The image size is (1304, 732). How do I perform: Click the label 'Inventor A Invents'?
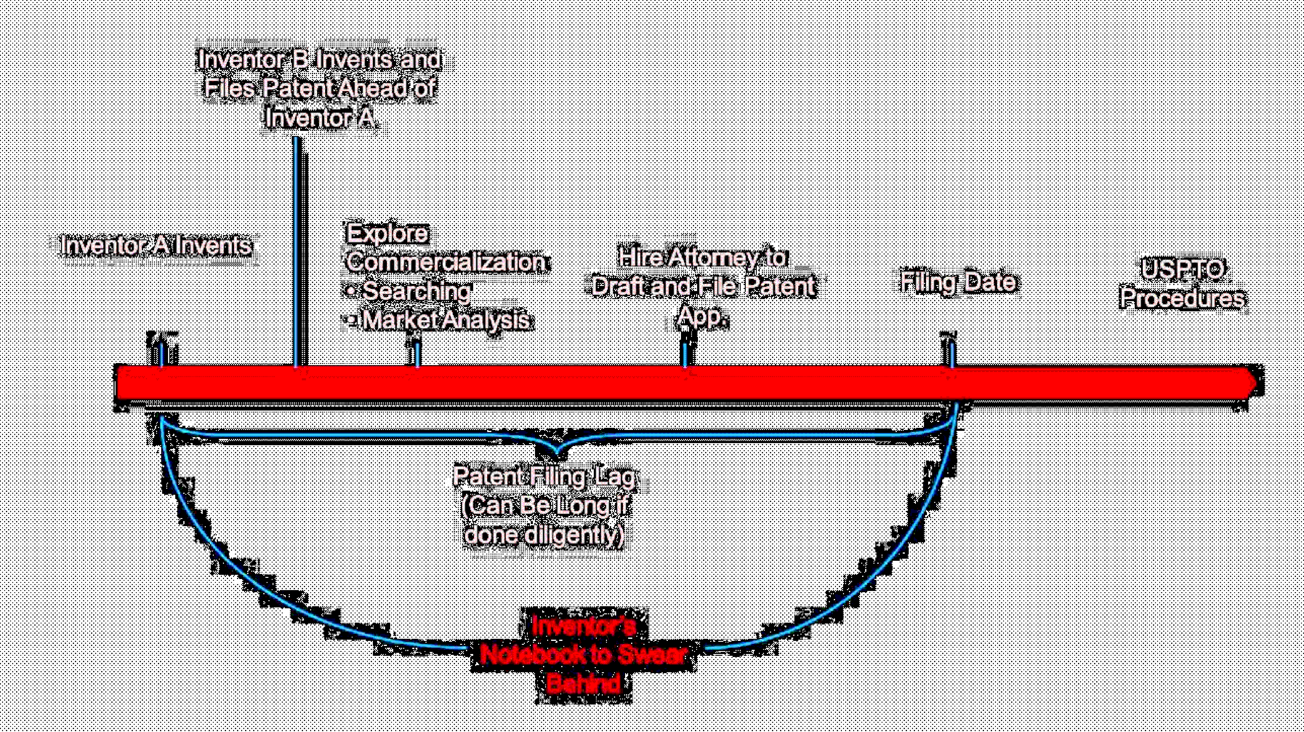tap(156, 245)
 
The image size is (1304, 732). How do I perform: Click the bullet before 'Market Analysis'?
tap(351, 321)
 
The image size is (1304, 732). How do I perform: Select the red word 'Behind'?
tap(583, 684)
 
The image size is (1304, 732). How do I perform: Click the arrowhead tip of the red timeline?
tap(1254, 383)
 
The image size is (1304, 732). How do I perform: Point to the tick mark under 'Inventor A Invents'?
tap(162, 355)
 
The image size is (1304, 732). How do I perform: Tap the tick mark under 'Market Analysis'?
tap(417, 355)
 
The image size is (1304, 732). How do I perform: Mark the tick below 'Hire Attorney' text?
tap(685, 355)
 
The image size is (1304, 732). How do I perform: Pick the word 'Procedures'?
tap(1182, 298)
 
